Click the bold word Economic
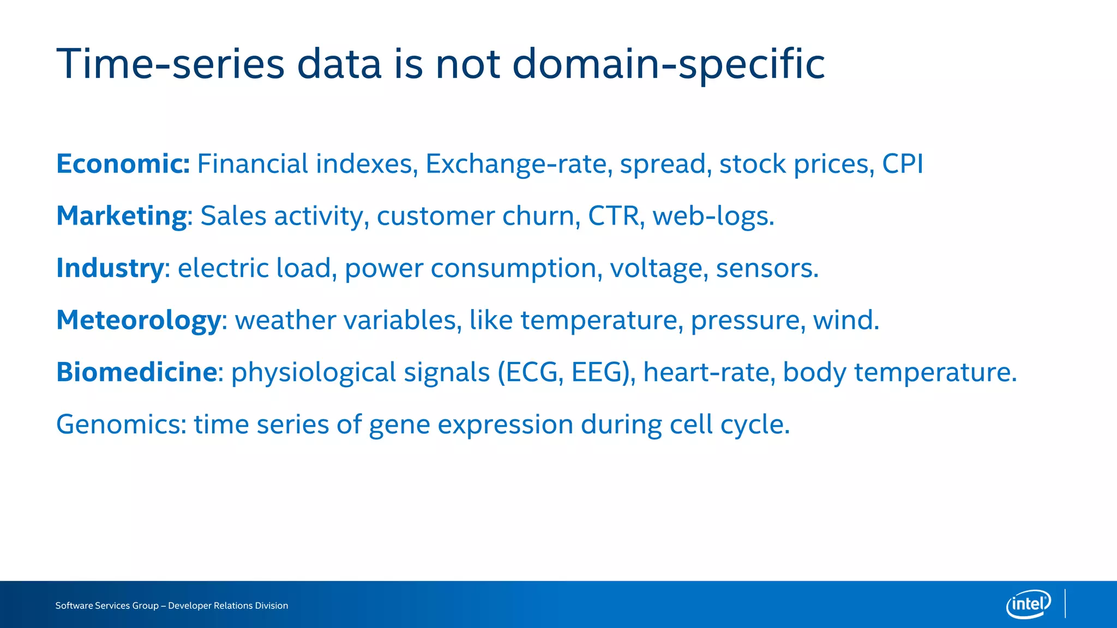(x=122, y=164)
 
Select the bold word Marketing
(x=122, y=216)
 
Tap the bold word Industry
(x=110, y=268)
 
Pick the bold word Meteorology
(x=139, y=321)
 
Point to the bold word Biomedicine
(x=137, y=372)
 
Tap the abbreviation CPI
(x=902, y=164)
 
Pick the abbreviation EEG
(x=597, y=372)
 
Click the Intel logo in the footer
(x=1028, y=604)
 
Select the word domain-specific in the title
(x=668, y=64)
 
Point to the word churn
(x=537, y=216)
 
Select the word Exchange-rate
(x=515, y=164)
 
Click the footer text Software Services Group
(x=107, y=606)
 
